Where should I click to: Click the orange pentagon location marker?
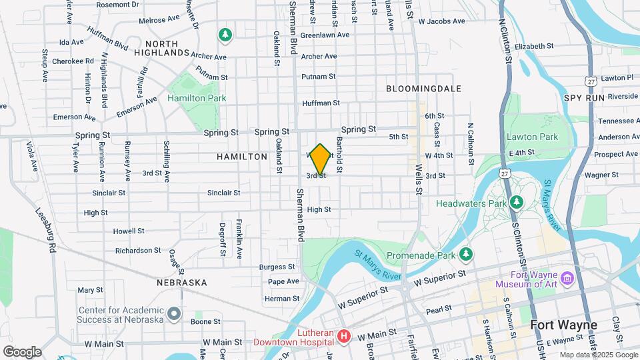pyautogui.click(x=320, y=159)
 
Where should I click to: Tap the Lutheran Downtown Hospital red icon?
pyautogui.click(x=344, y=335)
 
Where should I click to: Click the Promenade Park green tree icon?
pyautogui.click(x=466, y=254)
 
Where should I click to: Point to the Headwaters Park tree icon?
pyautogui.click(x=515, y=202)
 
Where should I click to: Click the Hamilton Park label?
pyautogui.click(x=197, y=98)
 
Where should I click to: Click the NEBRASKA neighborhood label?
pyautogui.click(x=182, y=283)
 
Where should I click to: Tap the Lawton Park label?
pyautogui.click(x=541, y=137)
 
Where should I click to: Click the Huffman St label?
pyautogui.click(x=321, y=103)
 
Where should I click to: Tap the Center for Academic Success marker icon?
pyautogui.click(x=174, y=313)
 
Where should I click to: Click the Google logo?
pyautogui.click(x=22, y=351)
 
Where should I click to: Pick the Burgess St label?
pyautogui.click(x=277, y=267)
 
